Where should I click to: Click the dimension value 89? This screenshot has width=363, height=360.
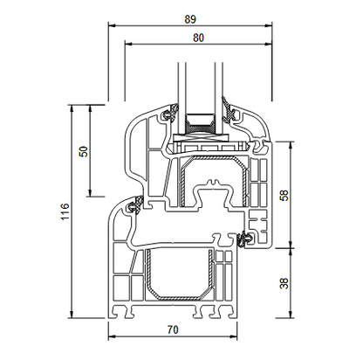(190, 19)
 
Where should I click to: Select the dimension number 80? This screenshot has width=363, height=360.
(199, 38)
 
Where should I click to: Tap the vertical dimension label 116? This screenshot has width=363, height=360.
(65, 211)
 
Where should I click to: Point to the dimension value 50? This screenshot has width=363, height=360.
(84, 151)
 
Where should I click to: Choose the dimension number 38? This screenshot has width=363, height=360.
(284, 283)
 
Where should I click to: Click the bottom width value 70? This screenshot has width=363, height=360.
(173, 329)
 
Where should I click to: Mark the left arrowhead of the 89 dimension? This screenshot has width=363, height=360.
(112, 25)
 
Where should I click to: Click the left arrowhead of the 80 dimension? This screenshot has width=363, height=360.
(129, 44)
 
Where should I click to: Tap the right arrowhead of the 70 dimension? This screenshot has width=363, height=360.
(233, 336)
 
